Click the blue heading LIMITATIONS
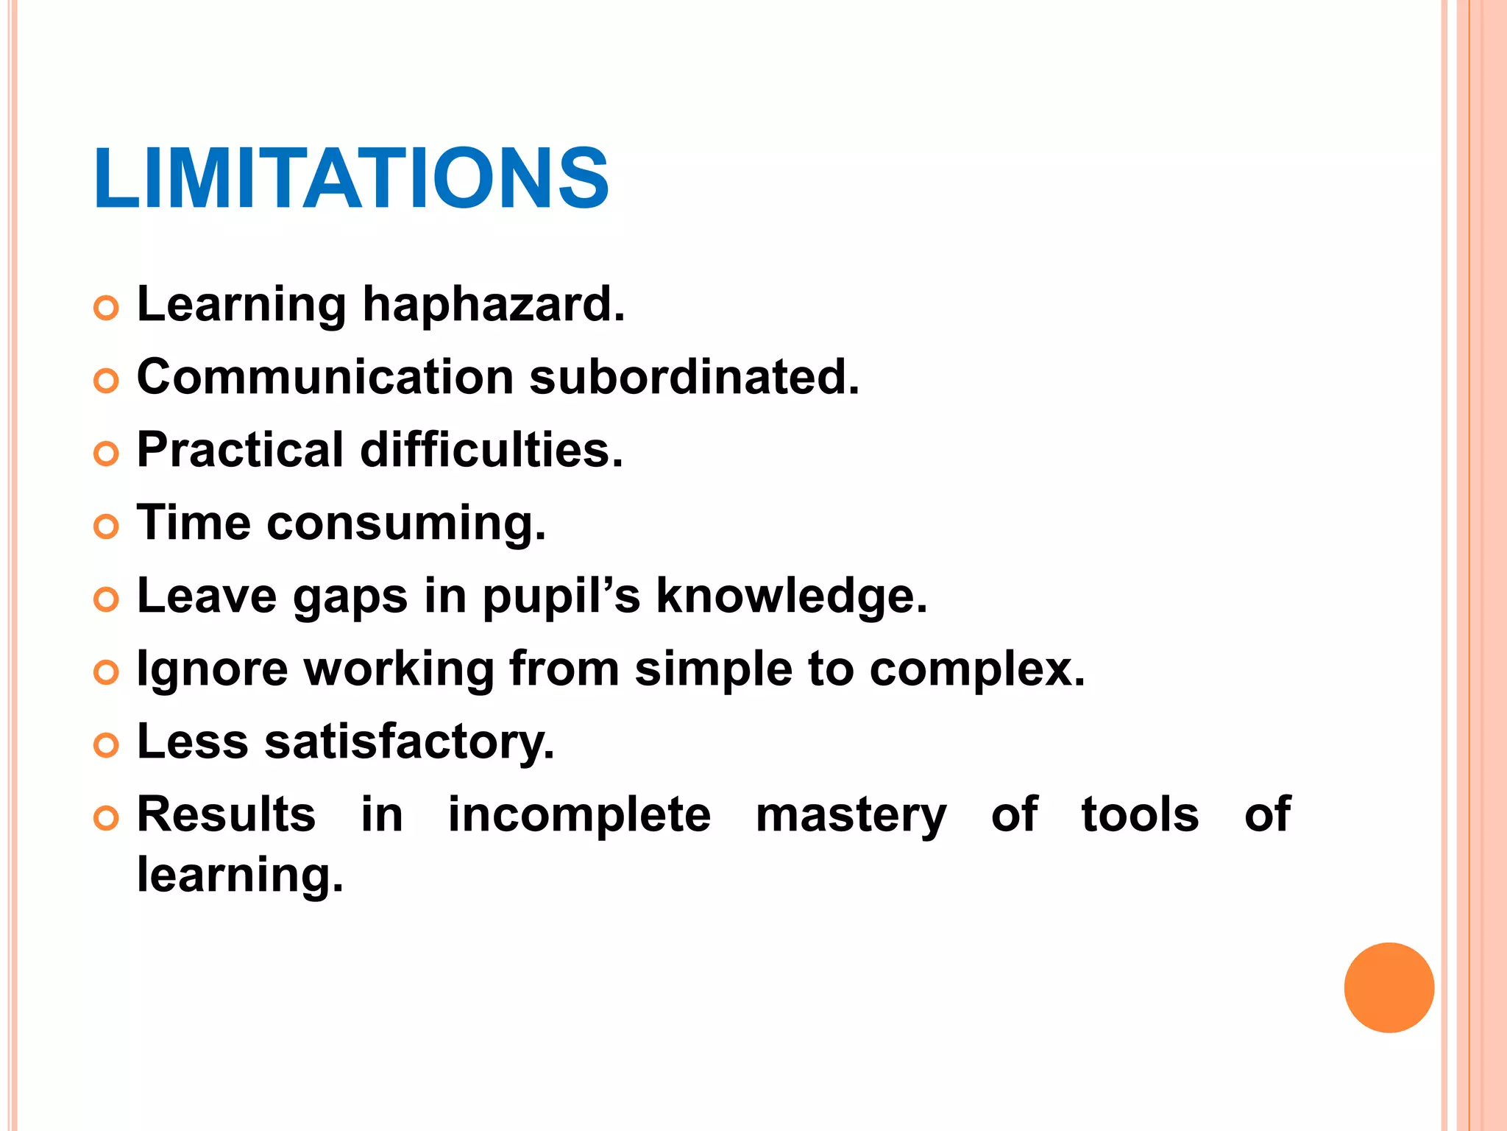tap(351, 178)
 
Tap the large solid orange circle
tap(1389, 987)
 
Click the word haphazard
tap(493, 304)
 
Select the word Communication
tap(325, 377)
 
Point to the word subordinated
tap(694, 377)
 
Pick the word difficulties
tap(491, 450)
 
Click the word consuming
tap(406, 524)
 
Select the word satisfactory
tap(409, 741)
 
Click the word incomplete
tap(579, 815)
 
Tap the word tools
tap(1140, 815)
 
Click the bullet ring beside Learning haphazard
tap(107, 308)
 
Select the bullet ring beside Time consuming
tap(107, 527)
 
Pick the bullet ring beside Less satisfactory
tap(107, 745)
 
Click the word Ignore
tap(213, 670)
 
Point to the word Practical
tap(241, 450)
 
